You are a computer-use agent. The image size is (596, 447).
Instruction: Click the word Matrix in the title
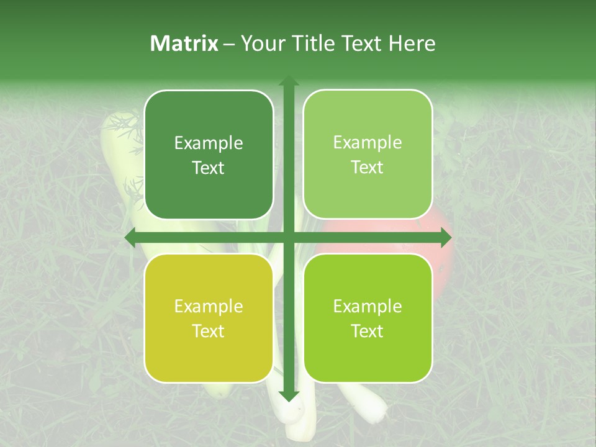pos(184,43)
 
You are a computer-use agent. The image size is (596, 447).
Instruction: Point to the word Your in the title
pos(264,43)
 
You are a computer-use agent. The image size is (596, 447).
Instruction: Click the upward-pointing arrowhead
pos(288,81)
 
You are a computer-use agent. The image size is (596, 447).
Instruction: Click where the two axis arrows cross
pos(288,237)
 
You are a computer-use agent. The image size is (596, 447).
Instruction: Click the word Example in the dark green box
pos(209,143)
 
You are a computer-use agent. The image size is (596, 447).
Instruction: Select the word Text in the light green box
pos(368,168)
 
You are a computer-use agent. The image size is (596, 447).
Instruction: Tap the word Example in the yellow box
pos(209,307)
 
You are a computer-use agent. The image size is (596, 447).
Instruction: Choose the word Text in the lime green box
pos(368,331)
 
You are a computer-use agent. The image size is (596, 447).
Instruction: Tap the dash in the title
pos(229,44)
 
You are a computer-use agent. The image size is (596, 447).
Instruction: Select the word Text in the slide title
pos(362,43)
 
